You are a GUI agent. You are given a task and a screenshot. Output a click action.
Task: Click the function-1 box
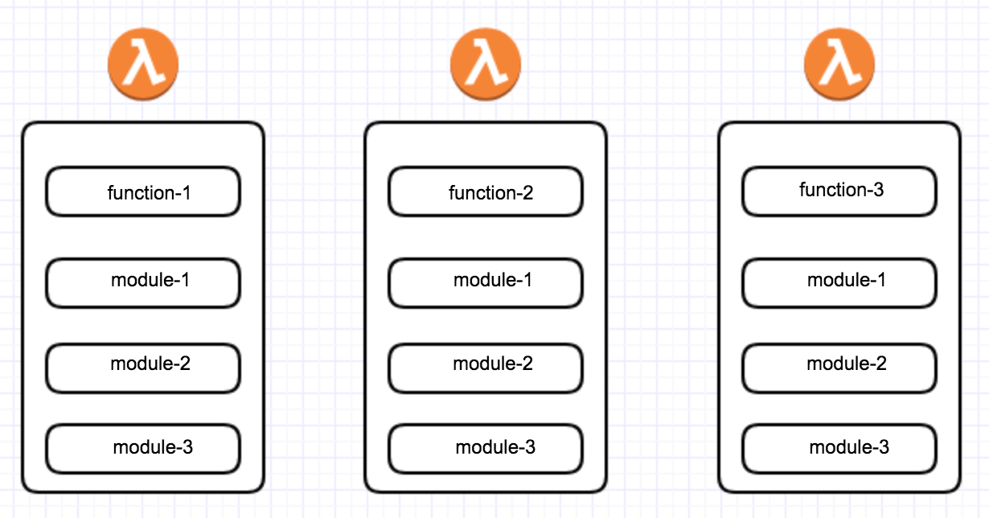coord(143,192)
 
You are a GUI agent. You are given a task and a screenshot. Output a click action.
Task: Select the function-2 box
coord(486,192)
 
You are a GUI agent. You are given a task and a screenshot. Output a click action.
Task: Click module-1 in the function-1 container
coord(143,282)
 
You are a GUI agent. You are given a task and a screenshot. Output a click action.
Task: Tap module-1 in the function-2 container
coord(486,282)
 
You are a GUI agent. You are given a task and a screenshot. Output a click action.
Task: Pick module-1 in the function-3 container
coord(839,282)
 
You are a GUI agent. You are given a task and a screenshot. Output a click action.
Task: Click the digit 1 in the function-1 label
coord(187,193)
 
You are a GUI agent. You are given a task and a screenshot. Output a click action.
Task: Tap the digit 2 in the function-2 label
coord(528,193)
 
